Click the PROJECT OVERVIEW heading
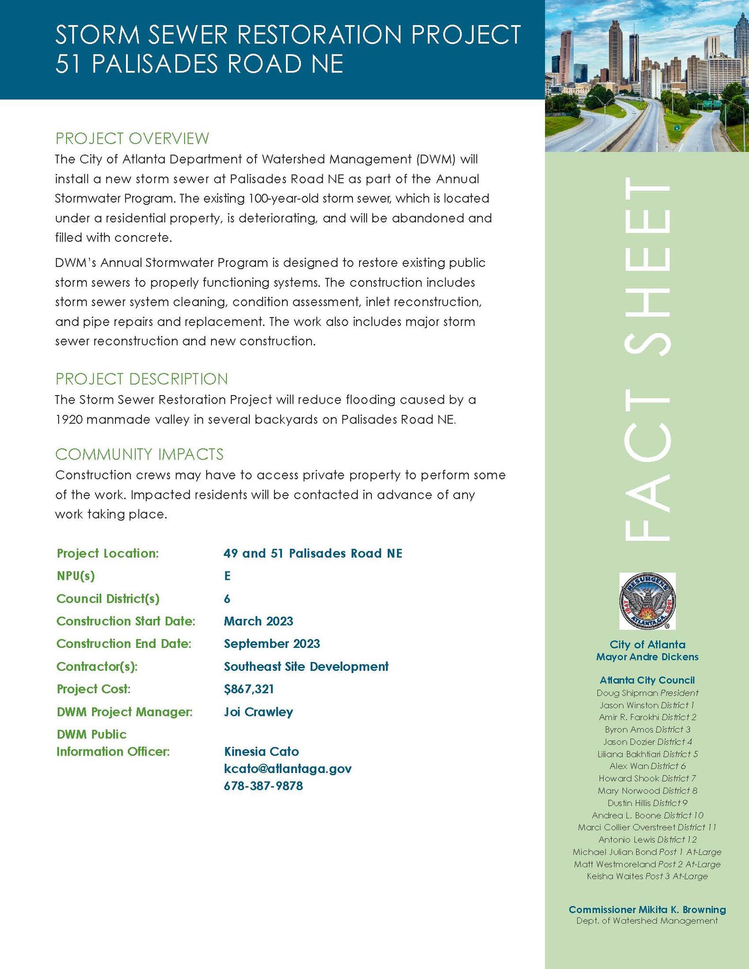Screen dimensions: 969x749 coord(132,139)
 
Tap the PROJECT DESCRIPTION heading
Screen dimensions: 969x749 coord(141,379)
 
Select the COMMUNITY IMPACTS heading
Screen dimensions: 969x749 coord(139,454)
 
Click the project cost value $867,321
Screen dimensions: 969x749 coord(249,689)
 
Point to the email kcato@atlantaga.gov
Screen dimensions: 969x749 coord(288,768)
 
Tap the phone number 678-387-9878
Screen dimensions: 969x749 coord(263,786)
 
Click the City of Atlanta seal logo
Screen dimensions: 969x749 coord(647,601)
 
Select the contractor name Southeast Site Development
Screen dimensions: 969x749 coord(306,666)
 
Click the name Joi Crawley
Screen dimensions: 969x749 coord(258,712)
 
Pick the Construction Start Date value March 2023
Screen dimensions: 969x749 coord(258,621)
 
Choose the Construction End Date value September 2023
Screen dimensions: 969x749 coord(272,643)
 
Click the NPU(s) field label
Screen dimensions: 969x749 coord(76,576)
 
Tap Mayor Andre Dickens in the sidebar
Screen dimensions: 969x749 coord(647,657)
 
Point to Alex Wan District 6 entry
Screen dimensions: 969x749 coord(647,766)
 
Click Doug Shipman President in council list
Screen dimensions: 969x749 coord(647,693)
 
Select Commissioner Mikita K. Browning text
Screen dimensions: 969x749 coord(647,909)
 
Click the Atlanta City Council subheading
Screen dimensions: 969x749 coord(647,680)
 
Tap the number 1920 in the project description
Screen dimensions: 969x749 coord(70,420)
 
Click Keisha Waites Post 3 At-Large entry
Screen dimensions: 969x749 coord(647,876)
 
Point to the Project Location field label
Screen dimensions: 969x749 coord(107,553)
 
